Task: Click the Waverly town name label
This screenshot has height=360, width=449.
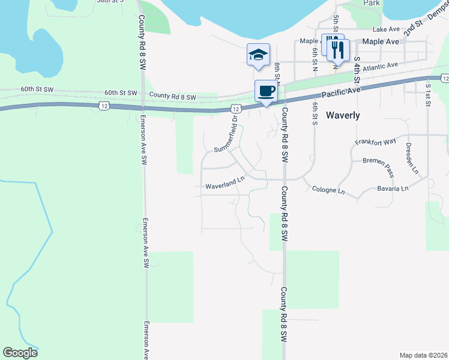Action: point(343,115)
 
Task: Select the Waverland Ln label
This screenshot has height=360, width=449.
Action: point(226,187)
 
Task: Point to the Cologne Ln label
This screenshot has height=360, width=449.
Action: point(329,191)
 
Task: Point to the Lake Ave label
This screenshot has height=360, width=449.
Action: point(386,29)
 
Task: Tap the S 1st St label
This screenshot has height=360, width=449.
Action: point(428,95)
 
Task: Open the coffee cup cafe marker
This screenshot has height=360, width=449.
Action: point(266,91)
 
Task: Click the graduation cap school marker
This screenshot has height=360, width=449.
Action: point(259,54)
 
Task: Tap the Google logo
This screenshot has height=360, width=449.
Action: point(20,353)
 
